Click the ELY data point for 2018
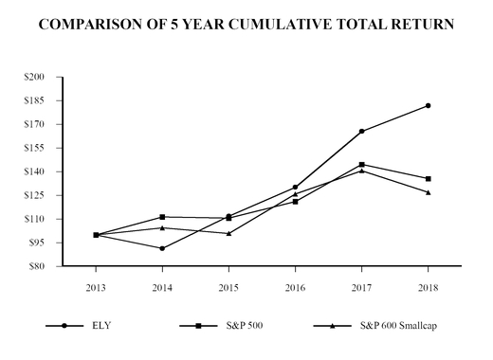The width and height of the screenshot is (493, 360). tap(429, 105)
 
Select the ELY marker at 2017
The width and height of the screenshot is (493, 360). tap(362, 131)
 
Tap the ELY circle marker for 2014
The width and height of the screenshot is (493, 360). tap(163, 248)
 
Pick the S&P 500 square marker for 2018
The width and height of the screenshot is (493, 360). tap(429, 179)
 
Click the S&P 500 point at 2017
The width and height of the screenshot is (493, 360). tap(362, 165)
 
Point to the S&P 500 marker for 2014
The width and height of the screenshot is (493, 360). tap(163, 217)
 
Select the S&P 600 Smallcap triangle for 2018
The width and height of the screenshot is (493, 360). tap(429, 192)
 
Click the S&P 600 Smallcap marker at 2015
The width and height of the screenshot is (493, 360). tap(229, 233)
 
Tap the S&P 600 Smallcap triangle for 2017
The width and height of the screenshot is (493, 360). tap(362, 171)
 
